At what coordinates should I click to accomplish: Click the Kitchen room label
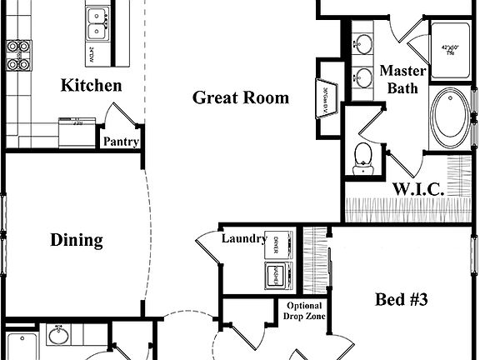pyautogui.click(x=92, y=86)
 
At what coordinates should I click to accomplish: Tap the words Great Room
pyautogui.click(x=241, y=97)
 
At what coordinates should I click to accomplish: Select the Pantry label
pyautogui.click(x=120, y=142)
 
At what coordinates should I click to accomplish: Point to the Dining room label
pyautogui.click(x=77, y=240)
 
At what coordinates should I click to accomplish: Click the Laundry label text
pyautogui.click(x=243, y=238)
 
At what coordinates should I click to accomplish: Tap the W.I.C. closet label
pyautogui.click(x=417, y=188)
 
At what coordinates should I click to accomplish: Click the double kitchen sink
pyautogui.click(x=97, y=21)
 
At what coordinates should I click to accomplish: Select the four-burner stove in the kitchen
pyautogui.click(x=17, y=55)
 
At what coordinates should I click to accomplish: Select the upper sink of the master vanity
pyautogui.click(x=363, y=42)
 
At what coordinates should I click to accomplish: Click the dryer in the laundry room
pyautogui.click(x=277, y=243)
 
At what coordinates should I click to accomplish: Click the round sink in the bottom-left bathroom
pyautogui.click(x=57, y=337)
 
